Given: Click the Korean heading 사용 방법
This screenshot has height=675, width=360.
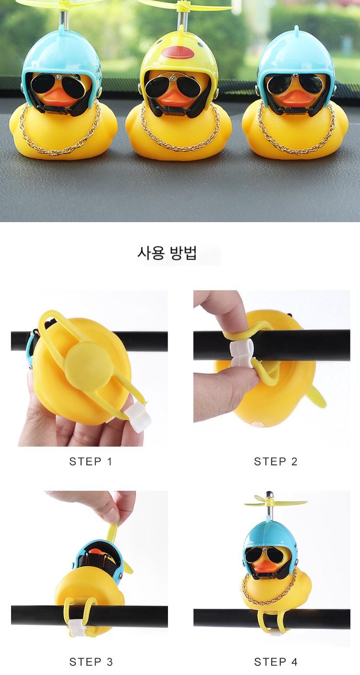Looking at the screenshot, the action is click(x=167, y=253).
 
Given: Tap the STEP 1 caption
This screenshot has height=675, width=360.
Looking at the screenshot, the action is click(x=91, y=462).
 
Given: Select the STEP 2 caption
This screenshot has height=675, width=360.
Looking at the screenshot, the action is click(x=276, y=462).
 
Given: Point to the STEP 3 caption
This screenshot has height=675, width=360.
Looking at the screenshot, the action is click(x=91, y=662).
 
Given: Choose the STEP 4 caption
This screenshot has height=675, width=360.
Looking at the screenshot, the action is click(x=276, y=662).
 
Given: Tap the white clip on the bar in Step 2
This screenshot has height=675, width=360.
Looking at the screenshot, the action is click(x=241, y=353).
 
